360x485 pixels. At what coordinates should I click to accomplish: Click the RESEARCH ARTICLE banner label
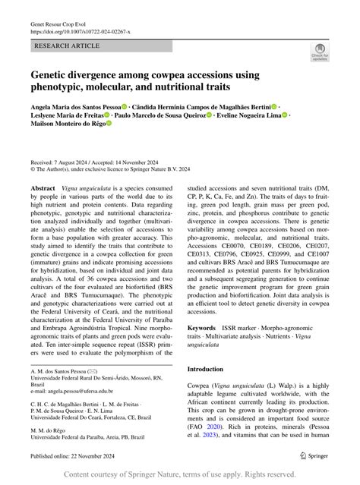point(66,47)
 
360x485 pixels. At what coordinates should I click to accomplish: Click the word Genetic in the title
point(51,76)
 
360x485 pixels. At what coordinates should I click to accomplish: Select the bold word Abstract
point(43,187)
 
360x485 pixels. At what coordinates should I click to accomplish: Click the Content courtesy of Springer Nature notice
point(181,474)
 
